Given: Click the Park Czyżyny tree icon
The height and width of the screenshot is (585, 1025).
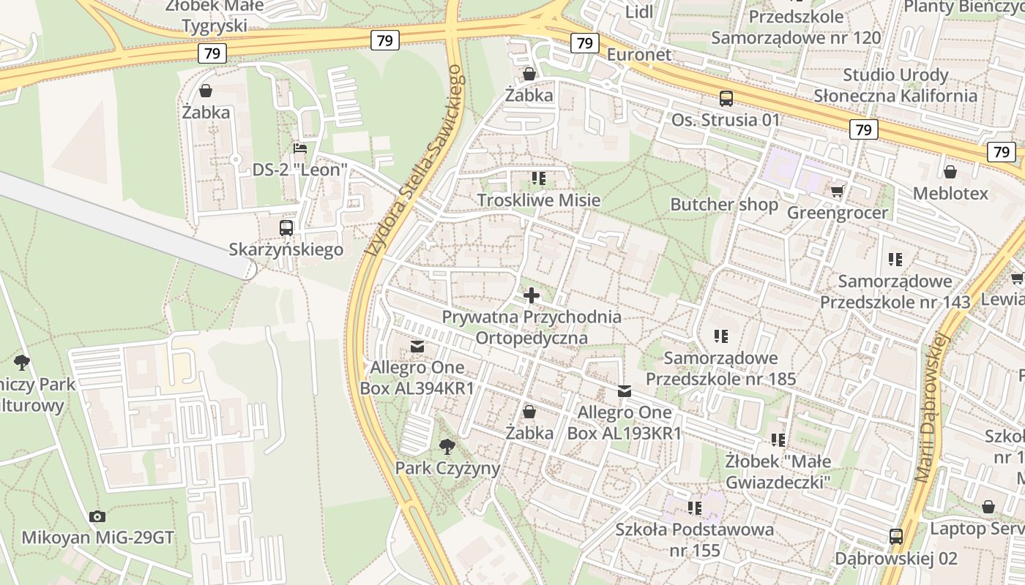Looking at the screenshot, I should coord(447,446).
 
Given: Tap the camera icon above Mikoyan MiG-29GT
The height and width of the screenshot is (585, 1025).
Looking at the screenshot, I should coord(97,516).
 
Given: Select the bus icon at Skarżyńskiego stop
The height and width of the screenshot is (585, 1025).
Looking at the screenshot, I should coord(286,227).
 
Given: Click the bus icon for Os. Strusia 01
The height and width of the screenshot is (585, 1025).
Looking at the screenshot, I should coord(726,98).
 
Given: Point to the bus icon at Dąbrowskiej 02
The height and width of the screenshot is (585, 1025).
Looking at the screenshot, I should coord(896,537).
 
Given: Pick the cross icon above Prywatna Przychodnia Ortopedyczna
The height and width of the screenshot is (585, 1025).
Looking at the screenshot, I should coord(532,295).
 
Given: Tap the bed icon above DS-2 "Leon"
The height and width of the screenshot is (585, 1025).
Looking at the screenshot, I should coord(300,148).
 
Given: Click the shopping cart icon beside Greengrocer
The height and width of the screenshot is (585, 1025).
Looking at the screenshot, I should coord(838,191).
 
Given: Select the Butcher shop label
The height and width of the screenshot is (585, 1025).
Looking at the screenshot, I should coord(724,204).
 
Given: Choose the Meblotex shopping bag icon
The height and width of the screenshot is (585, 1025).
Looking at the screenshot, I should coord(950,172).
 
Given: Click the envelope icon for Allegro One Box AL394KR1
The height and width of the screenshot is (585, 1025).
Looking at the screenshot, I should coord(417,346).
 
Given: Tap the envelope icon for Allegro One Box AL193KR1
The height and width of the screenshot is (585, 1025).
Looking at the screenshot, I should coord(625,391).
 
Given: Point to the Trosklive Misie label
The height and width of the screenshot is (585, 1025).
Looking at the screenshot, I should coord(539,200).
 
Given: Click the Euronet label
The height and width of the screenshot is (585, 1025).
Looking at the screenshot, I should coord(638,55).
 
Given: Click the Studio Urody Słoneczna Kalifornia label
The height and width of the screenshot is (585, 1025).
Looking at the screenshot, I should coord(895,85).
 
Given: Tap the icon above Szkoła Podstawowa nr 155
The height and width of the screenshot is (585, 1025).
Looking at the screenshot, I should coord(695,507).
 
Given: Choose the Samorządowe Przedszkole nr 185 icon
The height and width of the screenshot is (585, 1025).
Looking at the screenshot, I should coord(721,336).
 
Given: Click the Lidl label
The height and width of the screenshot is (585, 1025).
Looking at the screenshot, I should coord(639,12).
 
